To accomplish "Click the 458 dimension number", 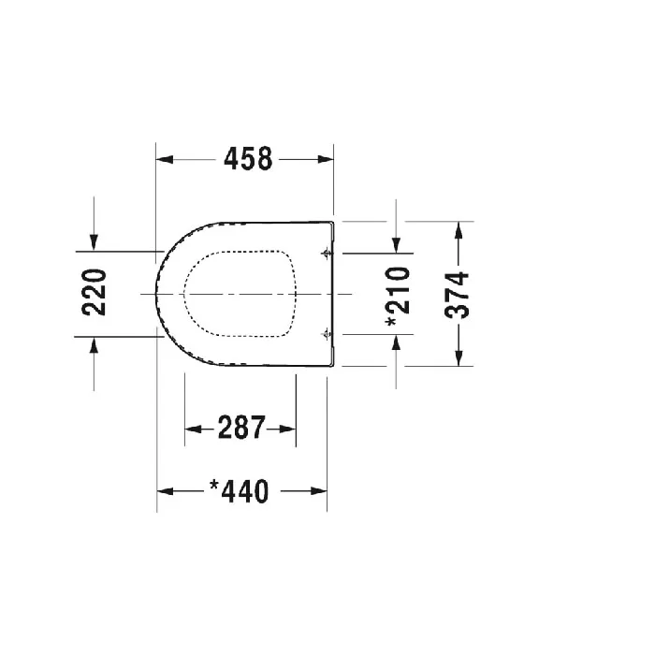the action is coord(248,159).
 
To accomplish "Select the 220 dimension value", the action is coord(95,292).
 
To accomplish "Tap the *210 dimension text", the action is coord(398,297).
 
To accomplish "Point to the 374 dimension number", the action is coord(457,295).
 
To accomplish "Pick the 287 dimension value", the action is coord(241,428).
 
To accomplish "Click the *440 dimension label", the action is coord(239,491).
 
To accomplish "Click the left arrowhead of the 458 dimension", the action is coord(165,159).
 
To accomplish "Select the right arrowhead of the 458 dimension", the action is coord(326,159).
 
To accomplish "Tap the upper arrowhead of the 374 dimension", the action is coord(458,230).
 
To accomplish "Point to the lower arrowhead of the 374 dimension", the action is coord(458,358).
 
